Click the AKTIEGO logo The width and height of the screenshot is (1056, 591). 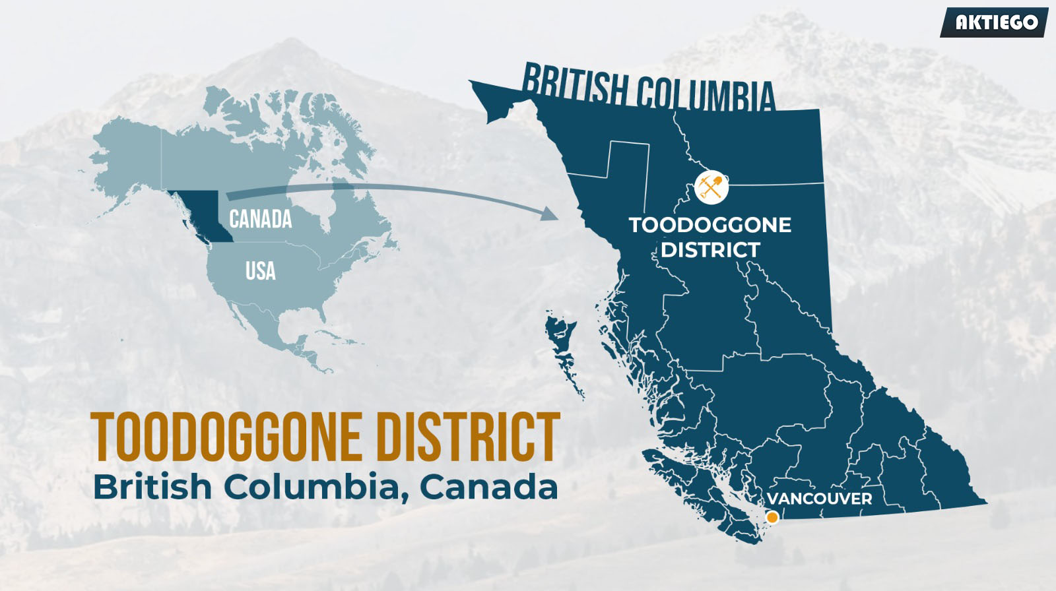coord(995,22)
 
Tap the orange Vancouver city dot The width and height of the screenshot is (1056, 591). coord(772,518)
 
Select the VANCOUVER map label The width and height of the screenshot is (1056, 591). coord(819,499)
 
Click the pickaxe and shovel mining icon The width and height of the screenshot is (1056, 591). coord(711,187)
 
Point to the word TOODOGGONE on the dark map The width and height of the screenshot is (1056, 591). coord(709,225)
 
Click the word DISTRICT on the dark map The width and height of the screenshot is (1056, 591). coord(710,250)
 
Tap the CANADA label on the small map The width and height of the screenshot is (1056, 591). coord(261,219)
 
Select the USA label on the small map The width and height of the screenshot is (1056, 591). coord(260,271)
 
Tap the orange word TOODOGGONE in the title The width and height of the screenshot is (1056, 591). coord(226,437)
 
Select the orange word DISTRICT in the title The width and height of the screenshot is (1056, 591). coord(468,437)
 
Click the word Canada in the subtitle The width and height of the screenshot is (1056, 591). coord(488,487)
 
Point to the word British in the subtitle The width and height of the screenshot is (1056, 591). coord(152,487)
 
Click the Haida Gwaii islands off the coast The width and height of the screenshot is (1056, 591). coord(563,350)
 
